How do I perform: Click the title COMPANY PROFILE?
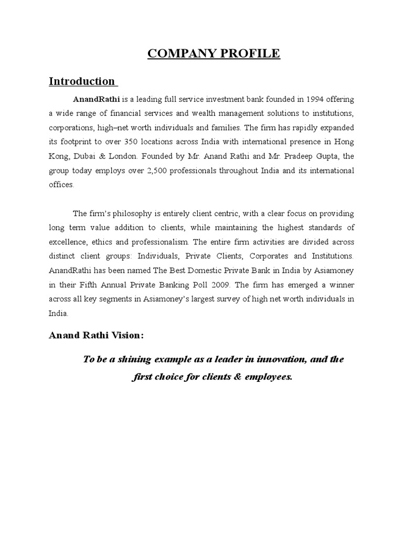tap(214, 53)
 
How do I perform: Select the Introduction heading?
tap(81, 81)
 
